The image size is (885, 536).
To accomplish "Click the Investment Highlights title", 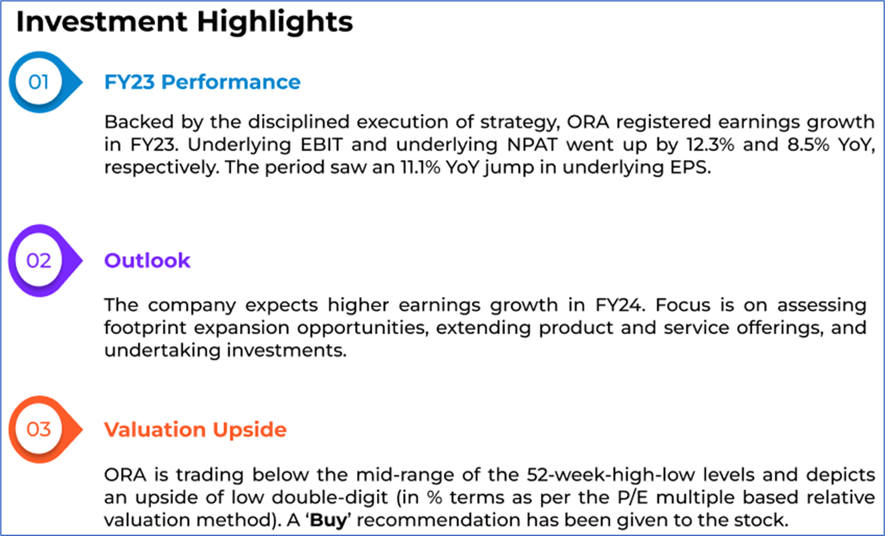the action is pos(184,22).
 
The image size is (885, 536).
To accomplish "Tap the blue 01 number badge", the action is pos(45,82).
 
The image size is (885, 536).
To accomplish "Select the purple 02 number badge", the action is pos(45,261).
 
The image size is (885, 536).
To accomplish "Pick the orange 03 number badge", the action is pos(45,430).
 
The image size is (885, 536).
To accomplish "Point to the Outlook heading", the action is pos(147,261).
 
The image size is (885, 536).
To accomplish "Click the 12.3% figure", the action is pos(711,145).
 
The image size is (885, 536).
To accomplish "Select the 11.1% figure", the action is pos(420,167).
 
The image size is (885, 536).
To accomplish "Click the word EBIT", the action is pos(322,145).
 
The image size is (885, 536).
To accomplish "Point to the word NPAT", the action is pos(532,145).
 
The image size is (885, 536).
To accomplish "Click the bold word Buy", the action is pos(328,521).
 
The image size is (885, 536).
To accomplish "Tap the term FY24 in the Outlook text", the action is pos(620,305).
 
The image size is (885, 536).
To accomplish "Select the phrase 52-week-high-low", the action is pos(611,474).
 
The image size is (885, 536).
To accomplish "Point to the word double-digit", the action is pos(330,498).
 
